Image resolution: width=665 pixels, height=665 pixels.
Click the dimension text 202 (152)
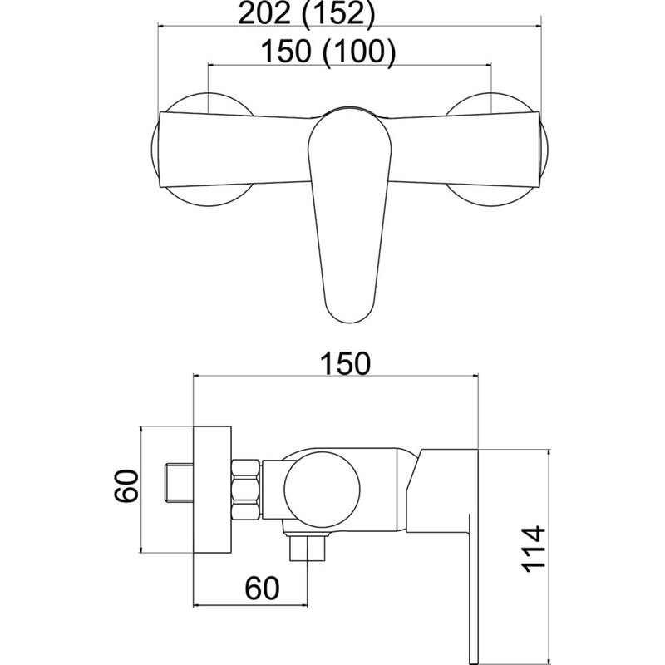tap(307, 13)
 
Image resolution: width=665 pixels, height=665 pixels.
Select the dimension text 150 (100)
tap(328, 52)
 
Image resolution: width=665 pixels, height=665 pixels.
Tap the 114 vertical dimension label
tap(533, 549)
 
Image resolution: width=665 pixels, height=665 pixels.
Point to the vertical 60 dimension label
tap(126, 486)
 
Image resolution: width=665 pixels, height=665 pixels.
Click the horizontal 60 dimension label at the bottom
tap(262, 589)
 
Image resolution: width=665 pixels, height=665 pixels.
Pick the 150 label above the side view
tap(345, 363)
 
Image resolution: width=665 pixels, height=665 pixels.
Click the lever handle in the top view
tap(349, 215)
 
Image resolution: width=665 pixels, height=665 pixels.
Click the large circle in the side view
tap(323, 490)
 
